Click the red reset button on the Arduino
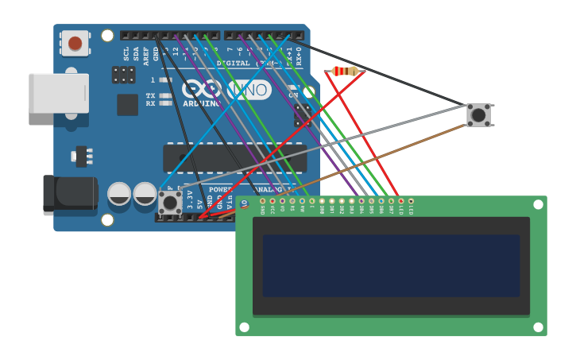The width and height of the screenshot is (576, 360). tap(75, 43)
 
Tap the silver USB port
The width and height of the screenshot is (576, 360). tap(58, 94)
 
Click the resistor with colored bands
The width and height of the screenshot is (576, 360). tap(344, 72)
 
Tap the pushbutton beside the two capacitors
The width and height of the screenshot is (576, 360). tap(170, 202)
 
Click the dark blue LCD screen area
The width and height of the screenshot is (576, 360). tap(391, 265)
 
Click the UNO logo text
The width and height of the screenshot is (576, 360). tap(249, 91)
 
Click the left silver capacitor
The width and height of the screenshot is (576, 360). tap(119, 193)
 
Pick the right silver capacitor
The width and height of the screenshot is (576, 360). tap(145, 193)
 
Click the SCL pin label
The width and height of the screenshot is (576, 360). tap(126, 53)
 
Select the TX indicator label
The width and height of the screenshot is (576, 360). tap(150, 96)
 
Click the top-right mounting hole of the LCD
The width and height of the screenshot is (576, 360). tap(538, 204)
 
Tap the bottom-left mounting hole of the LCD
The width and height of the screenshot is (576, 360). tap(244, 327)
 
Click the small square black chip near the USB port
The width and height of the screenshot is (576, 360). tap(127, 105)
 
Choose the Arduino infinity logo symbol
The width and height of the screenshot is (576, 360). tap(202, 89)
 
